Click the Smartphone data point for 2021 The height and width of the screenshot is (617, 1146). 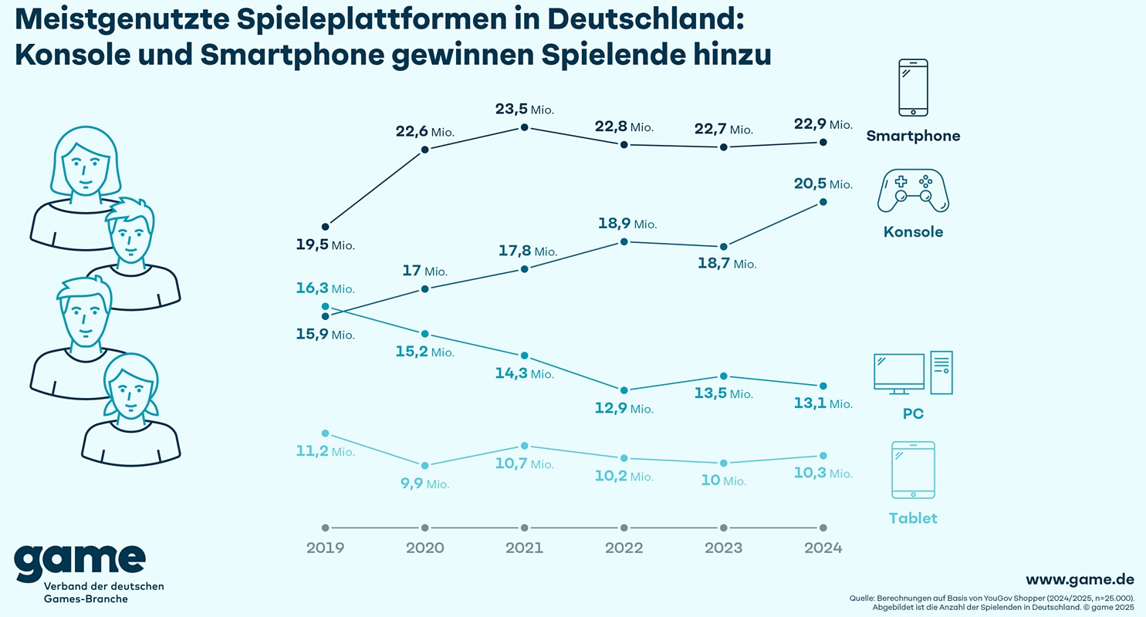tap(525, 127)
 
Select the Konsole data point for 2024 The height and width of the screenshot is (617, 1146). tap(823, 202)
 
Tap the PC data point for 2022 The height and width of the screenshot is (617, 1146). tap(624, 390)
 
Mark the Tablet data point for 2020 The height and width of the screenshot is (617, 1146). tap(424, 465)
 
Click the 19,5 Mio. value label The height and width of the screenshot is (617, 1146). tap(325, 246)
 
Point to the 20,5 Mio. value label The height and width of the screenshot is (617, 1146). tap(823, 184)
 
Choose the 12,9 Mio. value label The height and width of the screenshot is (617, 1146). tap(624, 409)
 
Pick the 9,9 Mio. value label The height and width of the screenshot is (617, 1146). tap(424, 484)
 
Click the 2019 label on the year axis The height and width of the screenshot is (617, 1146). tap(325, 548)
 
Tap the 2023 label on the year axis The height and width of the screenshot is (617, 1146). tap(723, 548)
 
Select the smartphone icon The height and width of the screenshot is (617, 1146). tap(913, 87)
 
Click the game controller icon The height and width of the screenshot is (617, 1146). tap(913, 192)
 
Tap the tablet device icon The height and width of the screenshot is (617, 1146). tap(913, 470)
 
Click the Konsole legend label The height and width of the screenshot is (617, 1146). tap(913, 232)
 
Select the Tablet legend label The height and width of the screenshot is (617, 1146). tap(913, 518)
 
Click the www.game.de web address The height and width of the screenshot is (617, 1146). tap(1080, 579)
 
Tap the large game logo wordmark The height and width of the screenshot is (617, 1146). tap(79, 563)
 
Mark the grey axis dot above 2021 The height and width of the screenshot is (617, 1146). tap(525, 528)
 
